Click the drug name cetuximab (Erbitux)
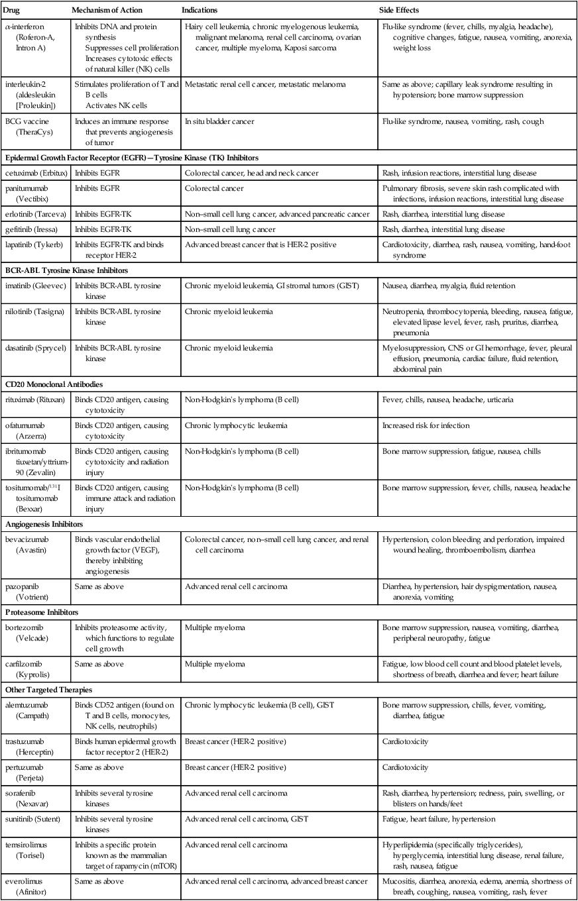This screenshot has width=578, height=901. click(35, 173)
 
